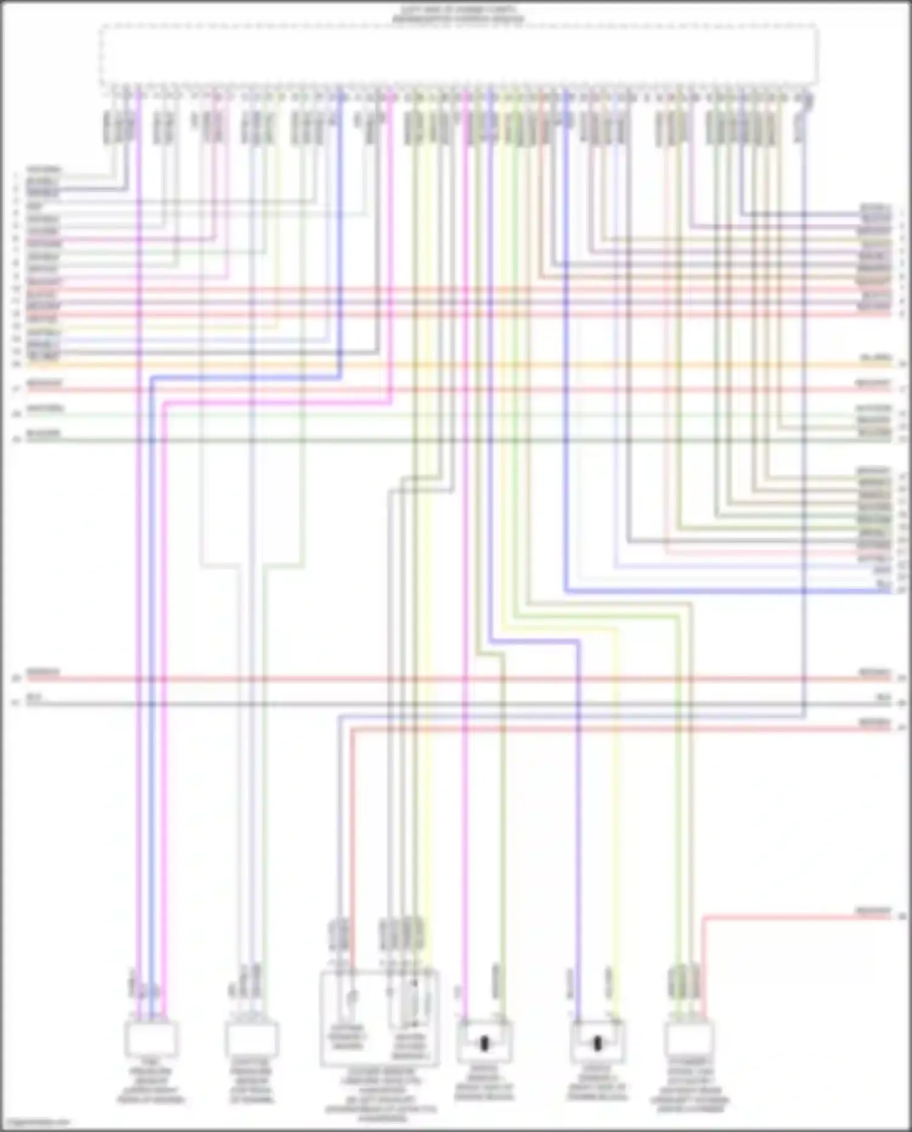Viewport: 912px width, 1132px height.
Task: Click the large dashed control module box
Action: click(459, 55)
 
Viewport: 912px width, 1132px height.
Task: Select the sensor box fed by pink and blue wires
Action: click(151, 1038)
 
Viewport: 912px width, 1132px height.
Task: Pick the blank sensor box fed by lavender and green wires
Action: click(252, 1038)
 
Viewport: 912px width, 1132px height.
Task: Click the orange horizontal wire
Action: click(456, 365)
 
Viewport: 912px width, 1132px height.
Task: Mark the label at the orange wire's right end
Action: click(876, 358)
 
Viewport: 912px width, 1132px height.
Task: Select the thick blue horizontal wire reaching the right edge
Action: click(730, 591)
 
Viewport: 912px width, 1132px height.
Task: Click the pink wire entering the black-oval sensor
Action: click(465, 852)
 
